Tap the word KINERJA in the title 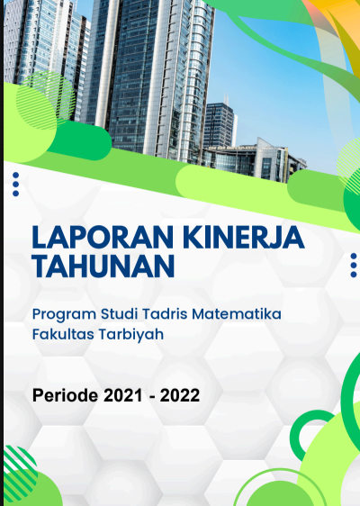[245, 238]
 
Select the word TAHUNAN [103, 267]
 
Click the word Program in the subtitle [64, 314]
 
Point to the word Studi [120, 313]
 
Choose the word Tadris [165, 313]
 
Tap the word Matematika [237, 313]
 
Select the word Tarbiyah [131, 335]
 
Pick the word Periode [65, 395]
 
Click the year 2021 [123, 395]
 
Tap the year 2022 [180, 395]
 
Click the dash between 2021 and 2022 [152, 397]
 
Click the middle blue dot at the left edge [15, 185]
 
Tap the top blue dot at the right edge [354, 257]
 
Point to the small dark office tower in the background [219, 125]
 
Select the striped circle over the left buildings [45, 99]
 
